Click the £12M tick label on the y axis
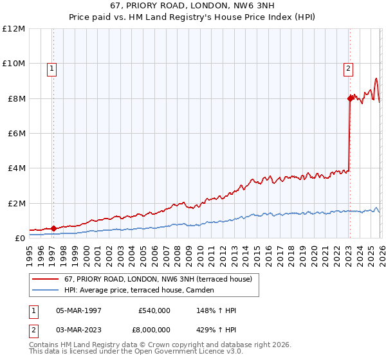[14, 29]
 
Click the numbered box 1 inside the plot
[51, 69]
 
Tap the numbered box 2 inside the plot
[348, 69]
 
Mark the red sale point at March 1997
[53, 228]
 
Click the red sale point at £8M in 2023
[350, 98]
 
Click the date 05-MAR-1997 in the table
[78, 310]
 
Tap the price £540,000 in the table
[154, 310]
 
